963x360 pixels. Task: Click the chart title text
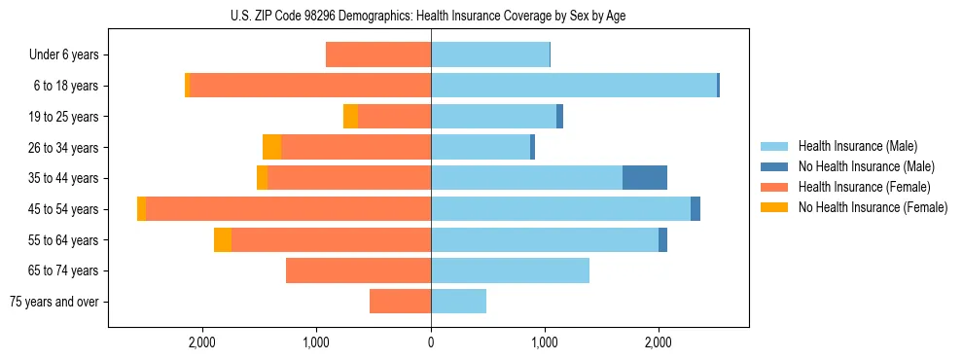point(429,16)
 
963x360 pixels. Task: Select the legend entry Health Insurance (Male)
point(851,146)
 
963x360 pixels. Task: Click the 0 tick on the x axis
point(431,342)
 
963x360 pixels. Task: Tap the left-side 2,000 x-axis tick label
point(202,342)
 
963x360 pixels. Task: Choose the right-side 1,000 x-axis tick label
point(545,342)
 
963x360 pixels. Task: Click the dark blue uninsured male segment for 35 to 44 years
point(645,178)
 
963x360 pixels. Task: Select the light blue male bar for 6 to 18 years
point(574,86)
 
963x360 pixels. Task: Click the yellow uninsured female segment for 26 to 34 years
point(271,147)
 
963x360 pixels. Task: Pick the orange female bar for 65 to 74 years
point(358,270)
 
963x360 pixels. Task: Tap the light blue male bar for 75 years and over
point(458,302)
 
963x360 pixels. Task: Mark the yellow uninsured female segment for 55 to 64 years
point(223,239)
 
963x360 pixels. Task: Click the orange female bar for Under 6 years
point(378,54)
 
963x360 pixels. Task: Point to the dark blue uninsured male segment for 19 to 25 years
point(560,117)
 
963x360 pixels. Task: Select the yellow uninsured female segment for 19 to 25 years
point(350,117)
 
